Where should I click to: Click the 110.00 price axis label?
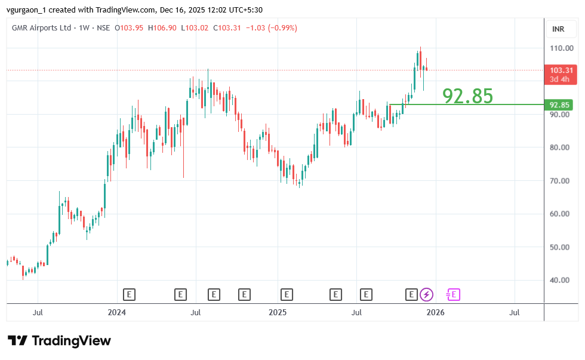pyautogui.click(x=561, y=48)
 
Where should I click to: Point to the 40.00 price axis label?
pyautogui.click(x=561, y=280)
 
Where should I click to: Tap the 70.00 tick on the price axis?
pyautogui.click(x=561, y=180)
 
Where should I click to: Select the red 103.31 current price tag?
pyautogui.click(x=562, y=70)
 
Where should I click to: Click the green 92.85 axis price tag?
pyautogui.click(x=561, y=105)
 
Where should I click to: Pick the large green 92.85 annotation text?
pyautogui.click(x=467, y=96)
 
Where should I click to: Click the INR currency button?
pyautogui.click(x=559, y=29)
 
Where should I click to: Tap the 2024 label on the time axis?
pyautogui.click(x=117, y=312)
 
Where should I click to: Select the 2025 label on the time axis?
pyautogui.click(x=278, y=312)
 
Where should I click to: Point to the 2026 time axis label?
pyautogui.click(x=436, y=312)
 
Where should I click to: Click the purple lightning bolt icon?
pyautogui.click(x=426, y=294)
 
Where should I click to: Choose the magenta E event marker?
pyautogui.click(x=454, y=294)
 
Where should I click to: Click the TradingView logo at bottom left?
pyautogui.click(x=59, y=341)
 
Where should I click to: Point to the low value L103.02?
pyautogui.click(x=196, y=28)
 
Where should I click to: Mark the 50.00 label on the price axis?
pyautogui.click(x=561, y=247)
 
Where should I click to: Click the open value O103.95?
pyautogui.click(x=131, y=28)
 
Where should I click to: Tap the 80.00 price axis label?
pyautogui.click(x=561, y=147)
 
